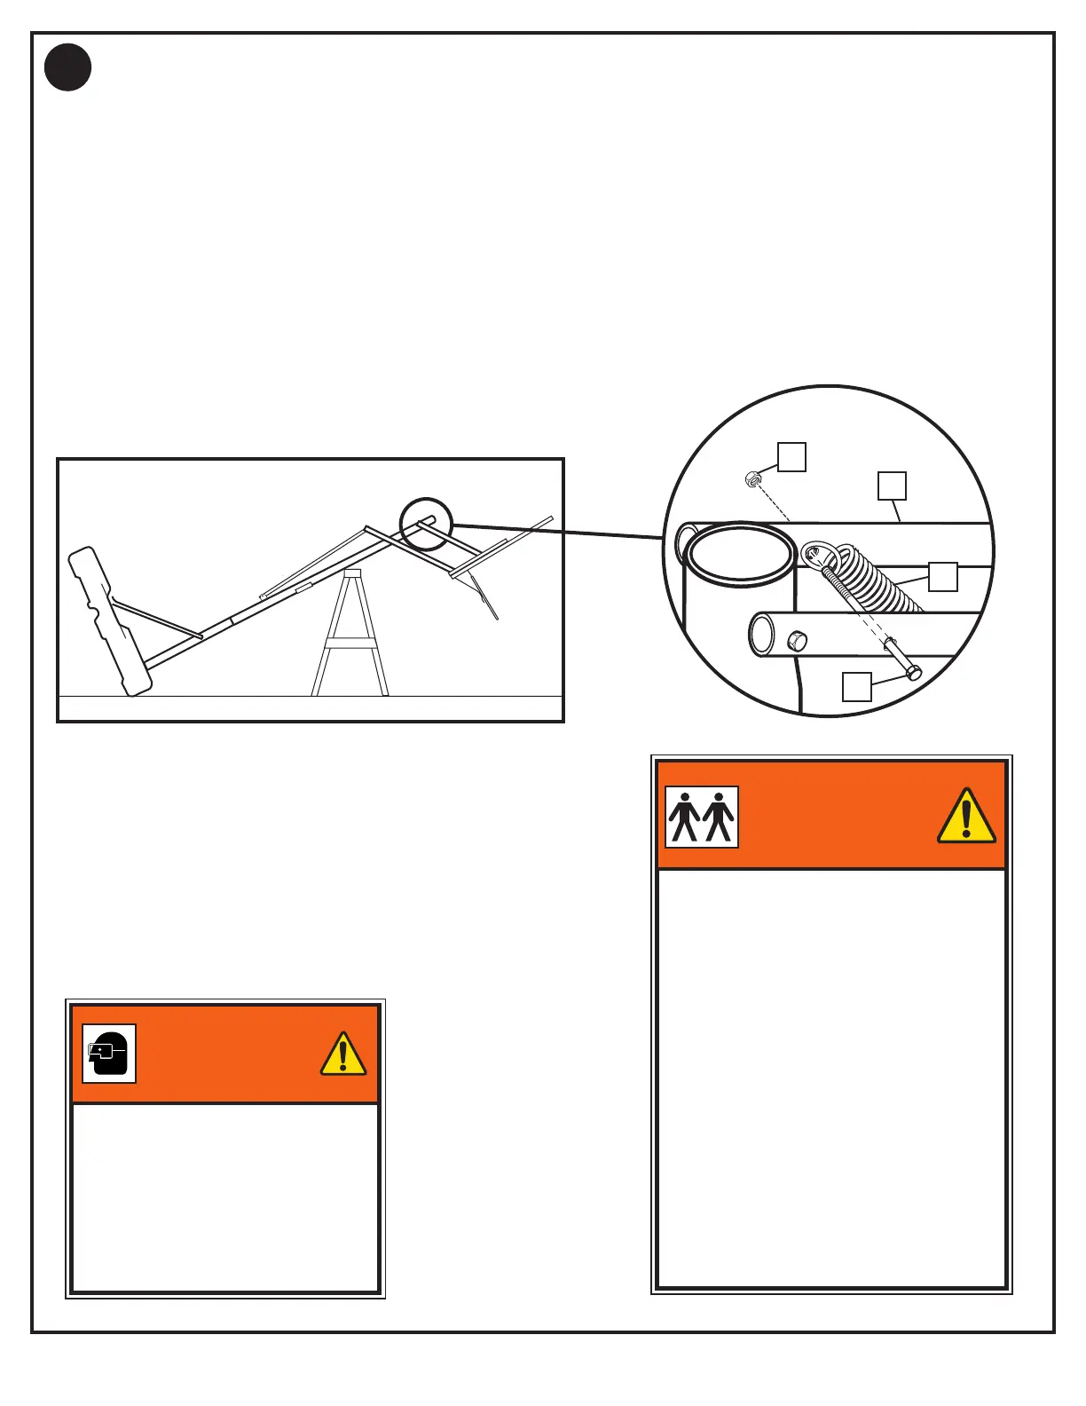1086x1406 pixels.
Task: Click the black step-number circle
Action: click(67, 67)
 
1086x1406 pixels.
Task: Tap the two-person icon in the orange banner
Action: click(701, 817)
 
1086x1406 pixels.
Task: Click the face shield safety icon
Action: click(108, 1054)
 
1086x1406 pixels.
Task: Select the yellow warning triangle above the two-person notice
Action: click(966, 816)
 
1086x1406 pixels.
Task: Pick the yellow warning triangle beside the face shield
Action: click(342, 1054)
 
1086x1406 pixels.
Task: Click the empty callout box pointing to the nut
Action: click(791, 457)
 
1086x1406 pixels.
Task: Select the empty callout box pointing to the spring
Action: click(942, 577)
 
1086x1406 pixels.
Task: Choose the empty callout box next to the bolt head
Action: click(856, 687)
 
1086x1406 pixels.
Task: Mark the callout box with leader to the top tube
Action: click(892, 486)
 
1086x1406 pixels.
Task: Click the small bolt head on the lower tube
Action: click(797, 640)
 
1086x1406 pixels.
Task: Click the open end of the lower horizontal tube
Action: click(761, 635)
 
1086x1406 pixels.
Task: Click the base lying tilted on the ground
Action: click(111, 621)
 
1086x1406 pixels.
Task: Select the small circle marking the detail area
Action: click(426, 524)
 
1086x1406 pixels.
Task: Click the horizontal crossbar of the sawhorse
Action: click(350, 644)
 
